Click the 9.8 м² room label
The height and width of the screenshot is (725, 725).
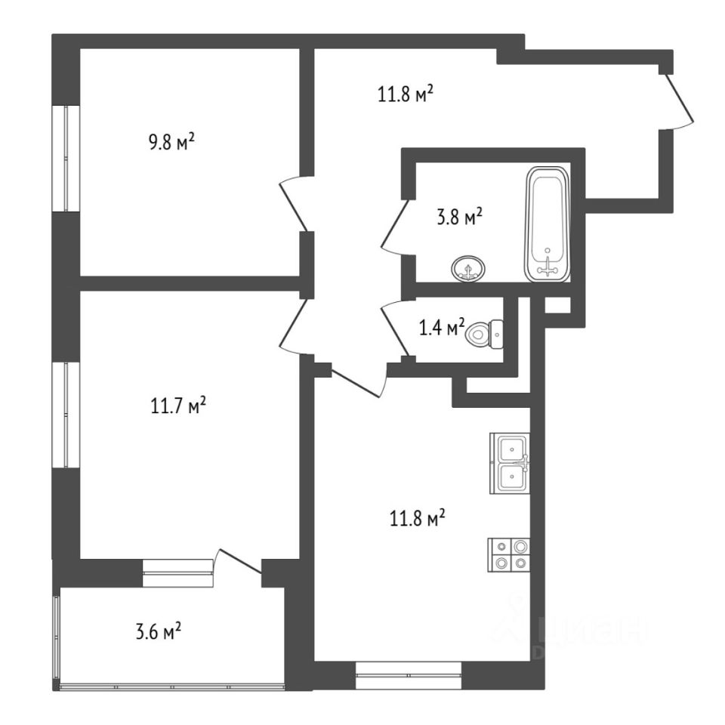tap(172, 141)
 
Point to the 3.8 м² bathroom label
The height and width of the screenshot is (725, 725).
tap(459, 219)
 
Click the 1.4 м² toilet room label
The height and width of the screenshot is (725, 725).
tap(441, 328)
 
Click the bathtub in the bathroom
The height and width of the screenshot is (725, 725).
tap(548, 225)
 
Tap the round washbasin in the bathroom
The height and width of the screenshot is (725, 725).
tap(470, 268)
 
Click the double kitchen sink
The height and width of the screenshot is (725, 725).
tap(511, 463)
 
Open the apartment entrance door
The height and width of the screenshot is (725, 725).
tap(678, 100)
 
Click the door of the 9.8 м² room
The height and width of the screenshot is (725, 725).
tap(293, 204)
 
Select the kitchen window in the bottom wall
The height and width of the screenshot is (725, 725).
tap(408, 674)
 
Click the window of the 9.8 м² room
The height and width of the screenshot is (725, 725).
tap(69, 159)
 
